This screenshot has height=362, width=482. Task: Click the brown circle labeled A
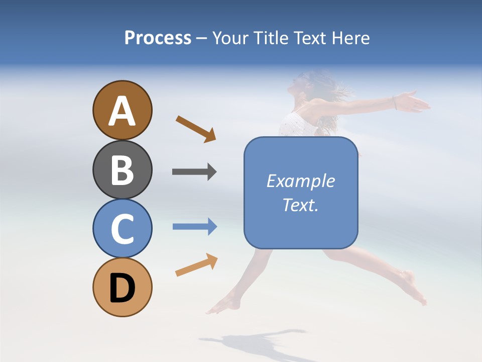click(122, 110)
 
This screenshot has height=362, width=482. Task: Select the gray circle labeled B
click(122, 169)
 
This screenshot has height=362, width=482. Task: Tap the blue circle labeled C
click(122, 228)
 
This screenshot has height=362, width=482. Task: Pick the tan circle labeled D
click(122, 287)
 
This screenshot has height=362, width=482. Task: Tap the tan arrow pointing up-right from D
click(196, 265)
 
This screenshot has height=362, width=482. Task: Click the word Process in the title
click(158, 38)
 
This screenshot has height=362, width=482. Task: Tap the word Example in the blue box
click(300, 181)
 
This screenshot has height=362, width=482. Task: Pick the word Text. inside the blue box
click(300, 205)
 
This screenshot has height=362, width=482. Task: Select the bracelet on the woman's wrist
click(395, 103)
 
